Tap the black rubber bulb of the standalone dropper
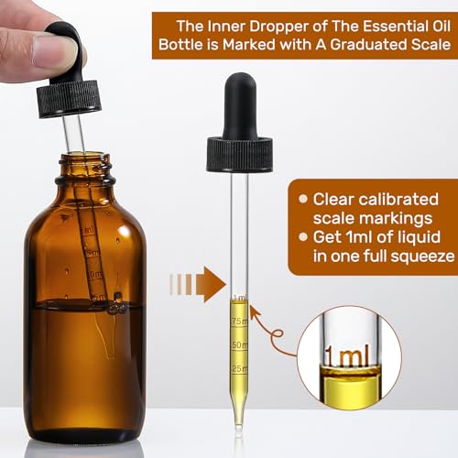(x=240, y=101)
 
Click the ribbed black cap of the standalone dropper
(x=240, y=153)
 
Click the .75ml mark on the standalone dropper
(x=240, y=322)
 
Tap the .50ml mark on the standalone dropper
(x=240, y=344)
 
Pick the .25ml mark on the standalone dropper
(x=240, y=368)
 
